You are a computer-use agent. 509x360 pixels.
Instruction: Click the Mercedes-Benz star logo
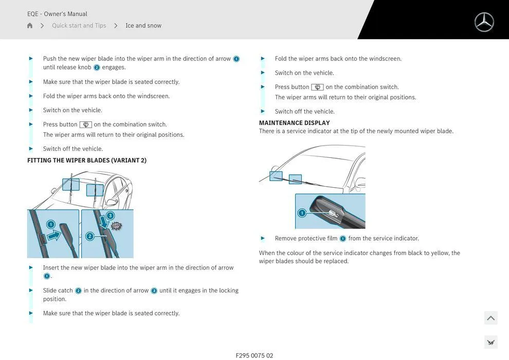tap(484, 22)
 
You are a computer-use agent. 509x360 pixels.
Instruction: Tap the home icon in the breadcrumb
tap(30, 26)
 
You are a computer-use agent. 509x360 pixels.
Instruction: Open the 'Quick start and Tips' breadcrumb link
tap(79, 26)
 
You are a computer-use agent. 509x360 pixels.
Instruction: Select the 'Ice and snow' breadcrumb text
tap(143, 26)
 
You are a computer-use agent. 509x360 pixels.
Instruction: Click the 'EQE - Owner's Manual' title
tap(57, 14)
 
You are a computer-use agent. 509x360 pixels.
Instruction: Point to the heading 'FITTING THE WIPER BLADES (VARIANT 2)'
tap(87, 160)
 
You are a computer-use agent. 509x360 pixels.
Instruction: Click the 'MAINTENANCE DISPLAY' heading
tap(294, 123)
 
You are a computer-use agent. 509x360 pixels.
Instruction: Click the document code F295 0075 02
tap(254, 355)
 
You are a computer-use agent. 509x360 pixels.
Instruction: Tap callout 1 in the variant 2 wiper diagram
tap(50, 224)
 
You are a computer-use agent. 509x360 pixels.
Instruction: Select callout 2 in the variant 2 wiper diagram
tap(89, 237)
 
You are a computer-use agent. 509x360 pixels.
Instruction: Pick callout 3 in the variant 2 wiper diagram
tap(110, 215)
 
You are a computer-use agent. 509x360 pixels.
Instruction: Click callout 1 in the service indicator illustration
tap(302, 213)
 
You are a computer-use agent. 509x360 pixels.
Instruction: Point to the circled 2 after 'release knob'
tap(97, 67)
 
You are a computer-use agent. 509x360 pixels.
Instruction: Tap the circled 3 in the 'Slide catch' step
tap(154, 291)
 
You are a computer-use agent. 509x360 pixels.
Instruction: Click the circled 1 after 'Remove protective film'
tap(343, 239)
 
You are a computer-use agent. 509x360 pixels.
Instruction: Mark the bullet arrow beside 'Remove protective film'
tap(263, 238)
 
